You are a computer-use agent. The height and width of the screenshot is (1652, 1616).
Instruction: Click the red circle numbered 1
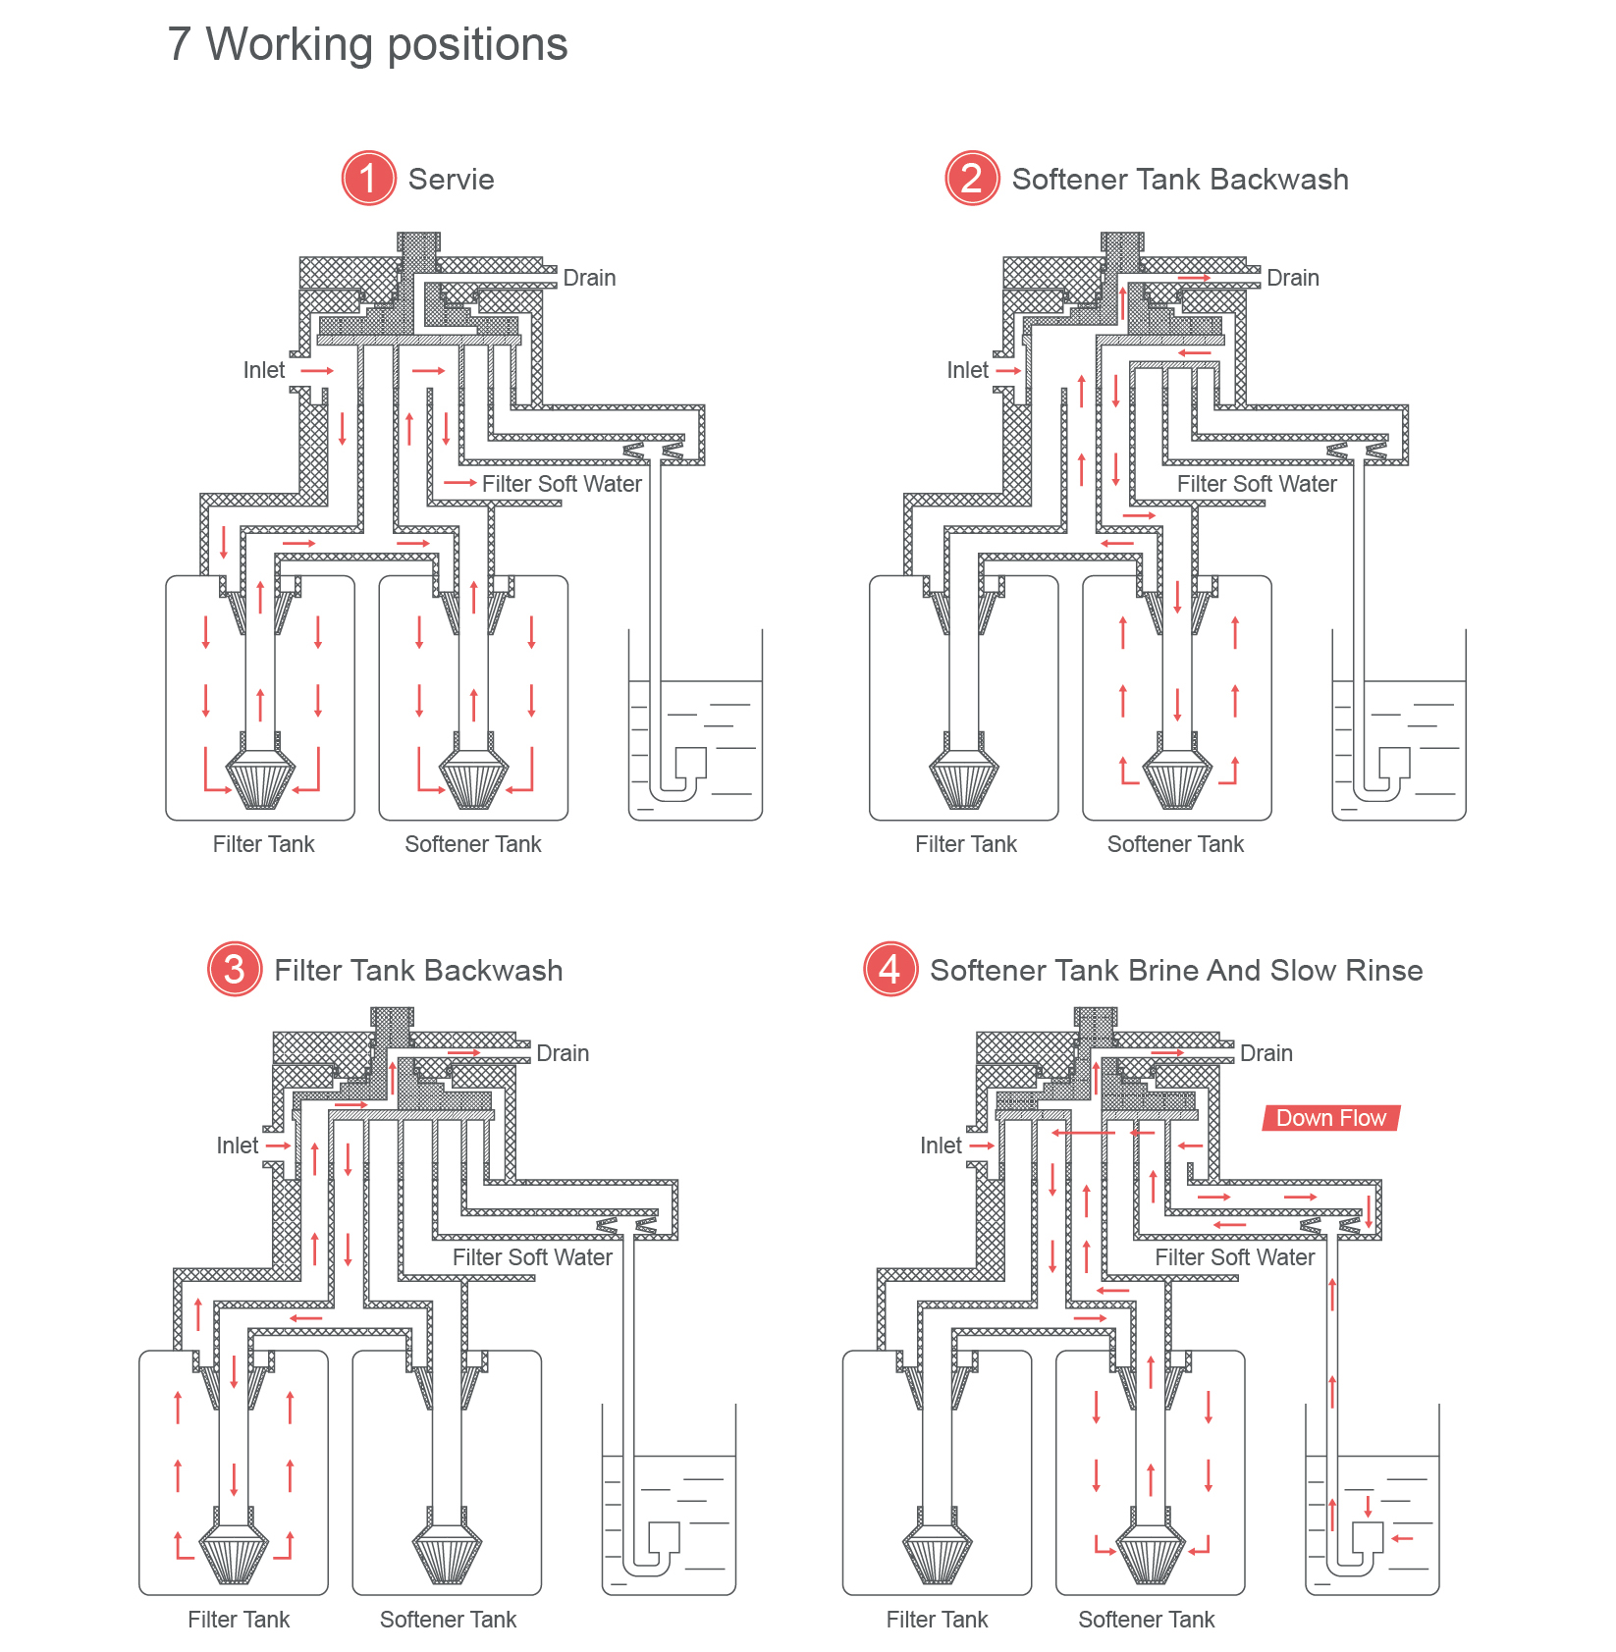368,179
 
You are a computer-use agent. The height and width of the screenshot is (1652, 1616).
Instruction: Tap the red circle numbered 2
972,179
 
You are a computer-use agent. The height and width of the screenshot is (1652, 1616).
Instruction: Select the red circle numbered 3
235,970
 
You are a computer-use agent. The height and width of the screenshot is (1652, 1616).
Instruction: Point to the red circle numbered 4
890,970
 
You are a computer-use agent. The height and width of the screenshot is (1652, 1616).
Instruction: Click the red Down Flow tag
1331,1118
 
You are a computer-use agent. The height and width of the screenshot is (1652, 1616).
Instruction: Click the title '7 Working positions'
367,44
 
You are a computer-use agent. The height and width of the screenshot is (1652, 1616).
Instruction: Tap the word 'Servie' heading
451,180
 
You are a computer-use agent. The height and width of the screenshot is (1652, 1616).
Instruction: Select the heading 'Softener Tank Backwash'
1180,180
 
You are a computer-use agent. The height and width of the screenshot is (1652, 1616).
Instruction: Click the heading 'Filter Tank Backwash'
418,971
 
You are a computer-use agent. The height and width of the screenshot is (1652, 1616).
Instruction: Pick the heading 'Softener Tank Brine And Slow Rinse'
1176,971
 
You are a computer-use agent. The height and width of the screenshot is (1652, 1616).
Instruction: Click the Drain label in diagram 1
589,278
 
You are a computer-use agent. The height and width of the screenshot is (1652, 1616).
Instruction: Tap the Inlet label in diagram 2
967,370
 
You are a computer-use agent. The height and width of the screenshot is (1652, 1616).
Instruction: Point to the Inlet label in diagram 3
237,1146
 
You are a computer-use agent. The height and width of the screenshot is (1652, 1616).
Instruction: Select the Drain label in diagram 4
1266,1053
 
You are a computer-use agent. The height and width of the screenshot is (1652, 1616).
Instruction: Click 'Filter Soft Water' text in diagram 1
562,484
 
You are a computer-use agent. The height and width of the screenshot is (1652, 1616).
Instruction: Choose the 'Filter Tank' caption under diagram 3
239,1620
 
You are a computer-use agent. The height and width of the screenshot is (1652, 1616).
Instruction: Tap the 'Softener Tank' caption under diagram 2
1175,844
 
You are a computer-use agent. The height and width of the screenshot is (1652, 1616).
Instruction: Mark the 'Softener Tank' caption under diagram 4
1146,1620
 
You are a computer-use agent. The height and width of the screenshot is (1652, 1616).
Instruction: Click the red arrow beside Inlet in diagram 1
317,371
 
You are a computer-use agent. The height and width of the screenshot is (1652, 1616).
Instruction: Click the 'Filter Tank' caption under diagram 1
263,844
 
